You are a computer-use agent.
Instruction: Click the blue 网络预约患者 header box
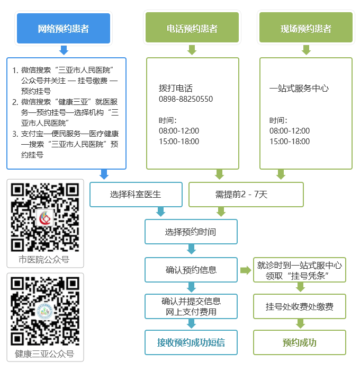[x=64, y=29]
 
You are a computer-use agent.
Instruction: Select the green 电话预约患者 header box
[x=192, y=29]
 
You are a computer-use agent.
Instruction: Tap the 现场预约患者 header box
[x=305, y=29]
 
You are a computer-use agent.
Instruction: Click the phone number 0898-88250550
[x=185, y=99]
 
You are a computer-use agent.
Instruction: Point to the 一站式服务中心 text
[x=299, y=89]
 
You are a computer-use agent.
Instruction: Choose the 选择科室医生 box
[x=136, y=195]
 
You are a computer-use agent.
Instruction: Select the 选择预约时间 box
[x=191, y=232]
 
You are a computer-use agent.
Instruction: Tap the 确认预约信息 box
[x=191, y=270]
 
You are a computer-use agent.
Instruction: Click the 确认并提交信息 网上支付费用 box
[x=191, y=306]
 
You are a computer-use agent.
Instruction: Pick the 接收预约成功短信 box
[x=191, y=342]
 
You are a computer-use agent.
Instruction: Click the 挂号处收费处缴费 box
[x=300, y=306]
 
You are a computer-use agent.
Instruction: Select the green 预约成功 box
[x=300, y=342]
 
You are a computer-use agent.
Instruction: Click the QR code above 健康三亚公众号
[x=45, y=310]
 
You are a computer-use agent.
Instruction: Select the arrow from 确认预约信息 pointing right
[x=245, y=270]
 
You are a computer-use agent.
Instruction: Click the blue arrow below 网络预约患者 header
[x=64, y=50]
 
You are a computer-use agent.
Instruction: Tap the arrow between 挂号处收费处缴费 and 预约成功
[x=300, y=324]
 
